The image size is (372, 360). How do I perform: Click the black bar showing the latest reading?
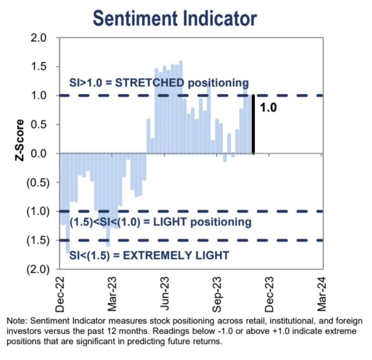(x=253, y=124)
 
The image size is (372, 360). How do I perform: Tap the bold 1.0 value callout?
(x=268, y=108)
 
